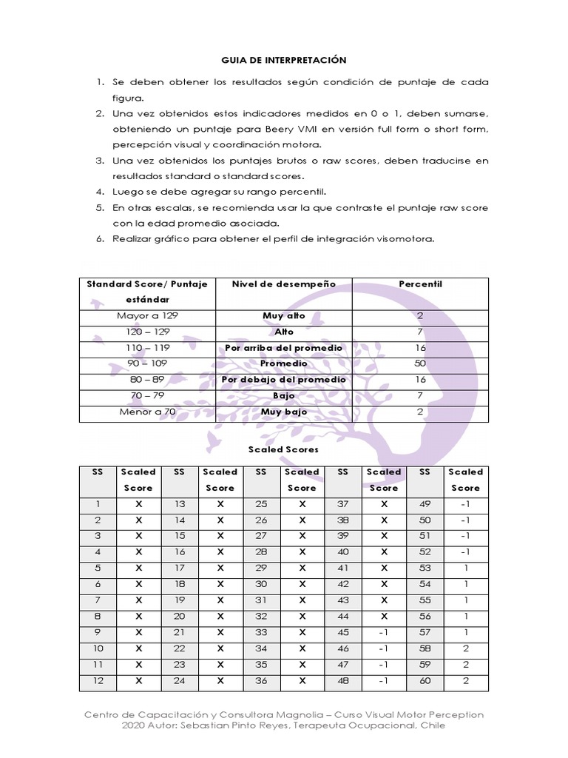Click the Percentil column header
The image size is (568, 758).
coord(420,284)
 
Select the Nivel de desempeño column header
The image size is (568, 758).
coord(283,284)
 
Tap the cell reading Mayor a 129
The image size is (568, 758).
coord(147,315)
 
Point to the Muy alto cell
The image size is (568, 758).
coord(283,315)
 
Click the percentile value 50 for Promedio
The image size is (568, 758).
coord(420,363)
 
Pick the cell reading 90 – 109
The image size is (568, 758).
coord(147,363)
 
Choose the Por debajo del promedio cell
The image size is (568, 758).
coord(283,380)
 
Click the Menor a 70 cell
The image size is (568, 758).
coord(147,412)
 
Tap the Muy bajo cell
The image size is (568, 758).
coord(283,412)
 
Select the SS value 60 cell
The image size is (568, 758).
coord(425,681)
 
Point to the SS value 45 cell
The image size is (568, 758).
coord(342,633)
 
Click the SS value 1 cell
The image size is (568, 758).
coord(98,504)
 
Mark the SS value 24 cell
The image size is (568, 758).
coord(179,681)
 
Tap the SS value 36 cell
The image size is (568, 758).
coord(261,681)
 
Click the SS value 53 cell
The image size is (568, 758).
coord(425,568)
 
